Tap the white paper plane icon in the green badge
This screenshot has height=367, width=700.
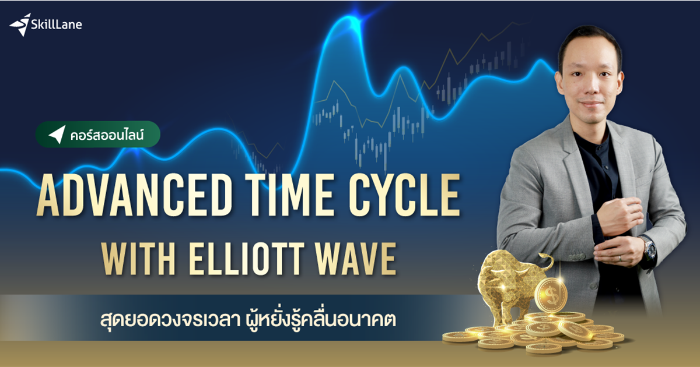[x=56, y=134]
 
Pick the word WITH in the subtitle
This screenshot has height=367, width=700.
[x=134, y=260]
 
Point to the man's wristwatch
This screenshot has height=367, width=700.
[x=649, y=249]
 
